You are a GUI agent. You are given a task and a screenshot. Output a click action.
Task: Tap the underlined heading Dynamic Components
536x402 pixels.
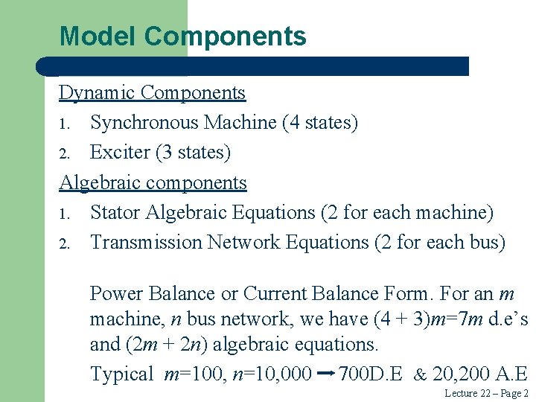point(153,93)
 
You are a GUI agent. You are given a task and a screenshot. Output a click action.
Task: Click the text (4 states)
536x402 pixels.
point(320,123)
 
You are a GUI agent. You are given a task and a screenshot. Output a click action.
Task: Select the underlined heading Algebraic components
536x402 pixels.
point(153,182)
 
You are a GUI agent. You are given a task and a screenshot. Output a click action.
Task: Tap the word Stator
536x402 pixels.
point(115,213)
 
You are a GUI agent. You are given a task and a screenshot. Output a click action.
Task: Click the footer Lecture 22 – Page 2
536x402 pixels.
point(486,393)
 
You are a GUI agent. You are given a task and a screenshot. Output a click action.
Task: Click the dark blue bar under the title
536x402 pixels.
point(253,66)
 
